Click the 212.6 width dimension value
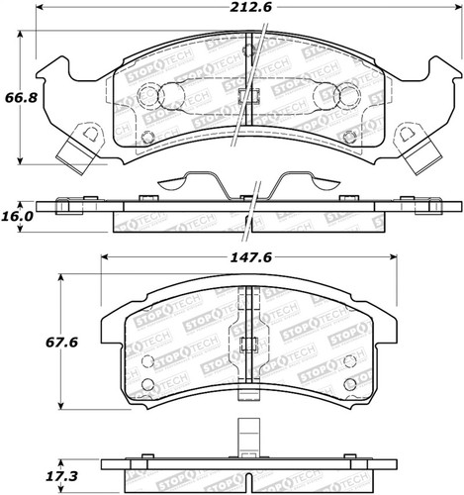click(x=250, y=7)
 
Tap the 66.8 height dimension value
click(x=21, y=98)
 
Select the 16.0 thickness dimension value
click(x=19, y=217)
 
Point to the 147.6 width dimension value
click(x=250, y=257)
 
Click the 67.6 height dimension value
click(x=61, y=343)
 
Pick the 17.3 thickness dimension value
click(x=62, y=476)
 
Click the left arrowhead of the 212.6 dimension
click(x=39, y=7)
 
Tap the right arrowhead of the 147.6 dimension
click(x=393, y=257)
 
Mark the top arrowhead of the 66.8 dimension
click(x=21, y=35)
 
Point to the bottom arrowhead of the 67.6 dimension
click(x=60, y=405)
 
